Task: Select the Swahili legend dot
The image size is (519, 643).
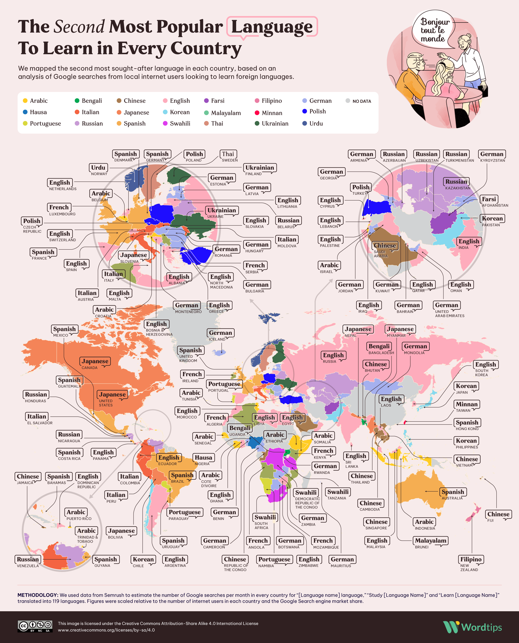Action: click(x=165, y=123)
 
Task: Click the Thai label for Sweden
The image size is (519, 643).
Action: click(x=228, y=154)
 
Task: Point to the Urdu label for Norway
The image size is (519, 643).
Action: click(x=98, y=167)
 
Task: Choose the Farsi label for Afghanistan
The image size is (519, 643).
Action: click(x=489, y=199)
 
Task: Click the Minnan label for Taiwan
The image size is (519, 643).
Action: click(x=466, y=404)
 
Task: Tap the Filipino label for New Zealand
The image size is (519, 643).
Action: click(x=471, y=559)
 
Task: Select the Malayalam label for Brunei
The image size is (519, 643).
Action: click(x=430, y=540)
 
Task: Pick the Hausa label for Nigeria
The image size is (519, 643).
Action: click(x=203, y=457)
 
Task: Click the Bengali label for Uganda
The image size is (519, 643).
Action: click(x=240, y=428)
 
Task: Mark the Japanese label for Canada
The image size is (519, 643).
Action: click(x=95, y=361)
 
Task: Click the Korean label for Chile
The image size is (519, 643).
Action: click(x=143, y=559)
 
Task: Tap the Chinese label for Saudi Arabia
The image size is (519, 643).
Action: click(x=384, y=246)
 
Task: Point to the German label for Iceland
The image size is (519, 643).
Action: click(x=220, y=333)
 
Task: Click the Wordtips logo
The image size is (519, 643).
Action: click(x=472, y=627)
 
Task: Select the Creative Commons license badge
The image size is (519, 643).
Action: click(x=35, y=627)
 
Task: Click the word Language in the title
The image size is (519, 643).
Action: click(x=272, y=27)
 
